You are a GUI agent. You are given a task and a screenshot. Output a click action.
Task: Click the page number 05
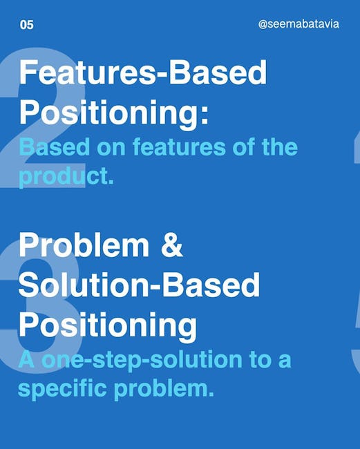(27, 25)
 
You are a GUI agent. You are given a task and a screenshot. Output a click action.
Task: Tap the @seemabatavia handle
(299, 23)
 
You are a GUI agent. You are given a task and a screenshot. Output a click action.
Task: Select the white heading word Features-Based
(143, 72)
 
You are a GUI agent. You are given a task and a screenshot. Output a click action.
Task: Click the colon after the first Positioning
(205, 114)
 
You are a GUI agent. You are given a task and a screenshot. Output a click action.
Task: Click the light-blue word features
(179, 146)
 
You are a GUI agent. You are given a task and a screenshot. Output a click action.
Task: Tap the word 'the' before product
(280, 146)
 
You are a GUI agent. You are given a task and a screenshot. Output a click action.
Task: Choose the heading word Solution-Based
(139, 285)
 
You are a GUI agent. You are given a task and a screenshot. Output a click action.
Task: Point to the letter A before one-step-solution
(27, 359)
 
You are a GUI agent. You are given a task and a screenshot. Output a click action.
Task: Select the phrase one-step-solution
(142, 361)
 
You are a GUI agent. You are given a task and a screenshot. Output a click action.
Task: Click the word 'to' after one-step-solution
(261, 360)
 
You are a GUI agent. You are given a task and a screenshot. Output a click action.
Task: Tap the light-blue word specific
(62, 390)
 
